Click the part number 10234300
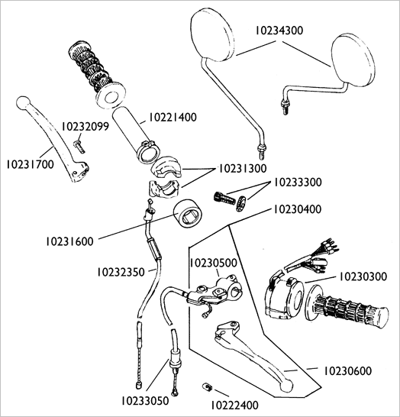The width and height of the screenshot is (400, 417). (x=279, y=31)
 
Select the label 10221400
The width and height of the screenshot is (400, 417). (x=173, y=118)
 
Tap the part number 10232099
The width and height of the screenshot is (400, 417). (x=85, y=127)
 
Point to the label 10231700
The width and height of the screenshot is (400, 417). (x=31, y=164)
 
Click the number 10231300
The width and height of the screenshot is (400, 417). (x=243, y=169)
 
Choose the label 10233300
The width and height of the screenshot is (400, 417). (x=298, y=183)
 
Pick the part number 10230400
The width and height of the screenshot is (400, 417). (x=298, y=209)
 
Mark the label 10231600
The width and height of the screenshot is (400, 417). (x=70, y=241)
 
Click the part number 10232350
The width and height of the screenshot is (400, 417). (x=121, y=272)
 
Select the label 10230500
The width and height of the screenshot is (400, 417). (x=213, y=263)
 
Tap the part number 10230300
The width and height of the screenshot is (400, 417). (x=363, y=276)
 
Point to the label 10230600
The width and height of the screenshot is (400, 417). (x=347, y=370)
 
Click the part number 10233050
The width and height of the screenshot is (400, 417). (x=145, y=401)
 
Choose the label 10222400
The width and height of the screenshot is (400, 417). (x=234, y=406)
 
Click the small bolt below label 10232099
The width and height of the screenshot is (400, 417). (x=79, y=147)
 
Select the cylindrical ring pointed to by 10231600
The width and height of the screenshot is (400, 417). (x=189, y=214)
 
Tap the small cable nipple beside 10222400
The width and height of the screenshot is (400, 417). (x=207, y=386)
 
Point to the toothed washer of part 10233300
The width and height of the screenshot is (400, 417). (x=241, y=203)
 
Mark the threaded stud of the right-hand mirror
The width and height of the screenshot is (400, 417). (x=285, y=108)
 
